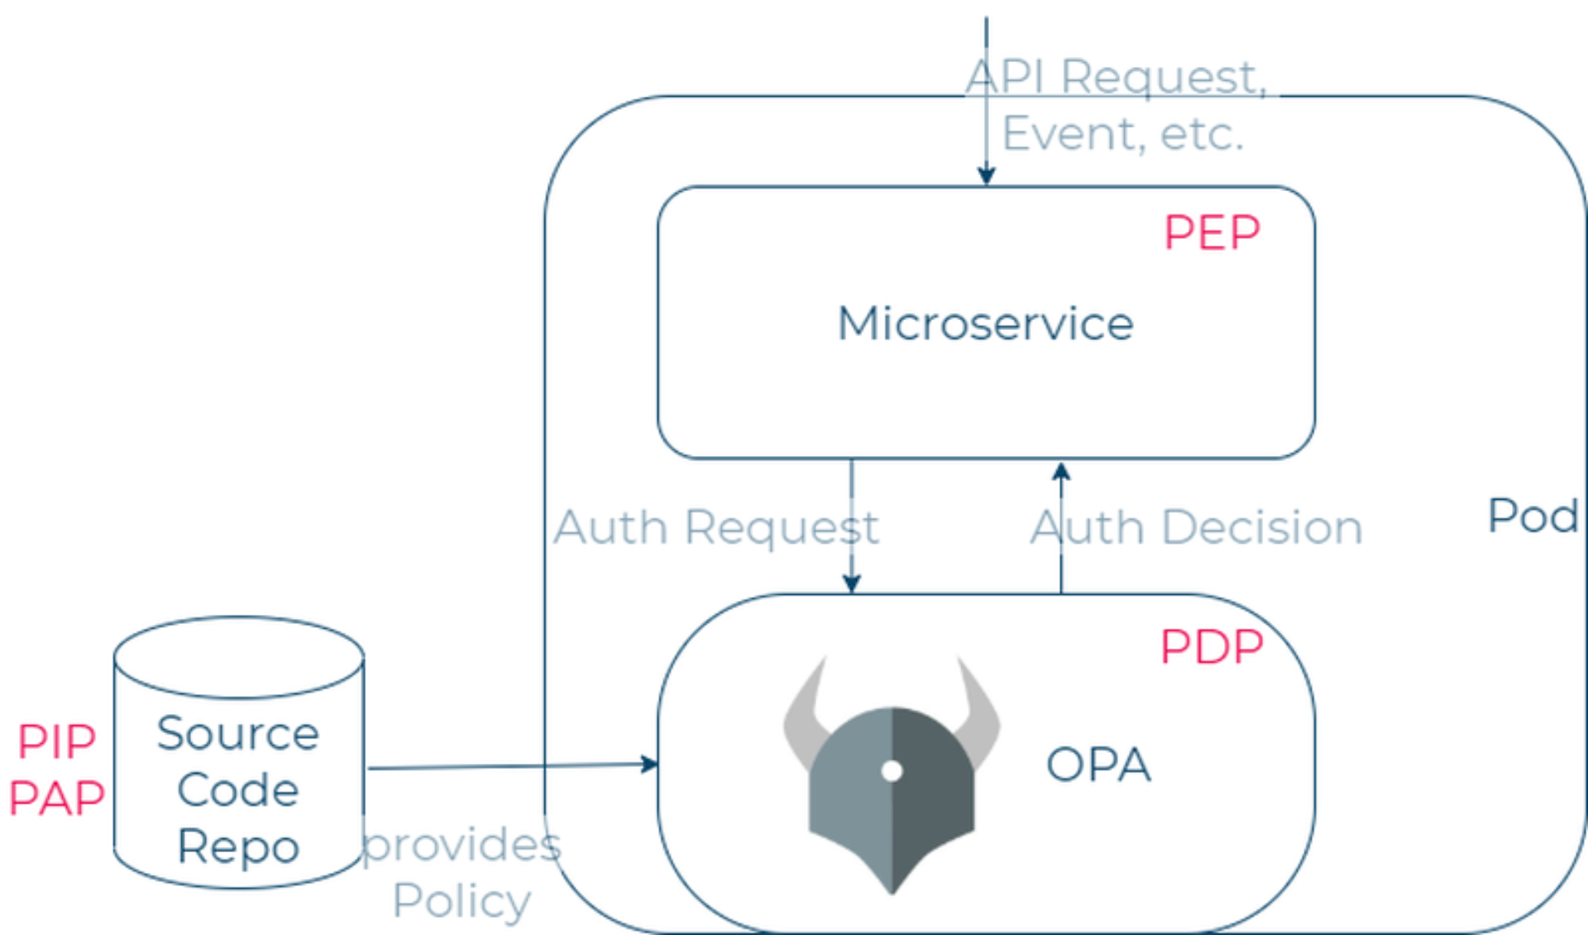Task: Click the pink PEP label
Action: pyautogui.click(x=1212, y=233)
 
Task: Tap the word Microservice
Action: pyautogui.click(x=985, y=324)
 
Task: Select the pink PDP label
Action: pyautogui.click(x=1212, y=647)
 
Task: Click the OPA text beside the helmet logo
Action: pyautogui.click(x=1098, y=765)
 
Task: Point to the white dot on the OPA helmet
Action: pyautogui.click(x=892, y=771)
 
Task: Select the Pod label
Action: pyautogui.click(x=1533, y=516)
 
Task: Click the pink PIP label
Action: pyautogui.click(x=56, y=741)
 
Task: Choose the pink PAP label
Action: pyautogui.click(x=56, y=798)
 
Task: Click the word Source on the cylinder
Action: pyautogui.click(x=238, y=734)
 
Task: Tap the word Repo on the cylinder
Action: pyautogui.click(x=238, y=846)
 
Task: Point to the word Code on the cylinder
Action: pyautogui.click(x=238, y=790)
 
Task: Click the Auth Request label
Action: pyautogui.click(x=716, y=528)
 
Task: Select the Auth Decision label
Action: pyautogui.click(x=1196, y=528)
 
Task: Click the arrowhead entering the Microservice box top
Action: pyautogui.click(x=986, y=175)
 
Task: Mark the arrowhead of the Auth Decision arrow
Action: pyautogui.click(x=1061, y=472)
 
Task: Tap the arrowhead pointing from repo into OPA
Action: pyautogui.click(x=649, y=764)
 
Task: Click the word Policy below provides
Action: pyautogui.click(x=462, y=901)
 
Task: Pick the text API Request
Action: pyautogui.click(x=1117, y=78)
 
